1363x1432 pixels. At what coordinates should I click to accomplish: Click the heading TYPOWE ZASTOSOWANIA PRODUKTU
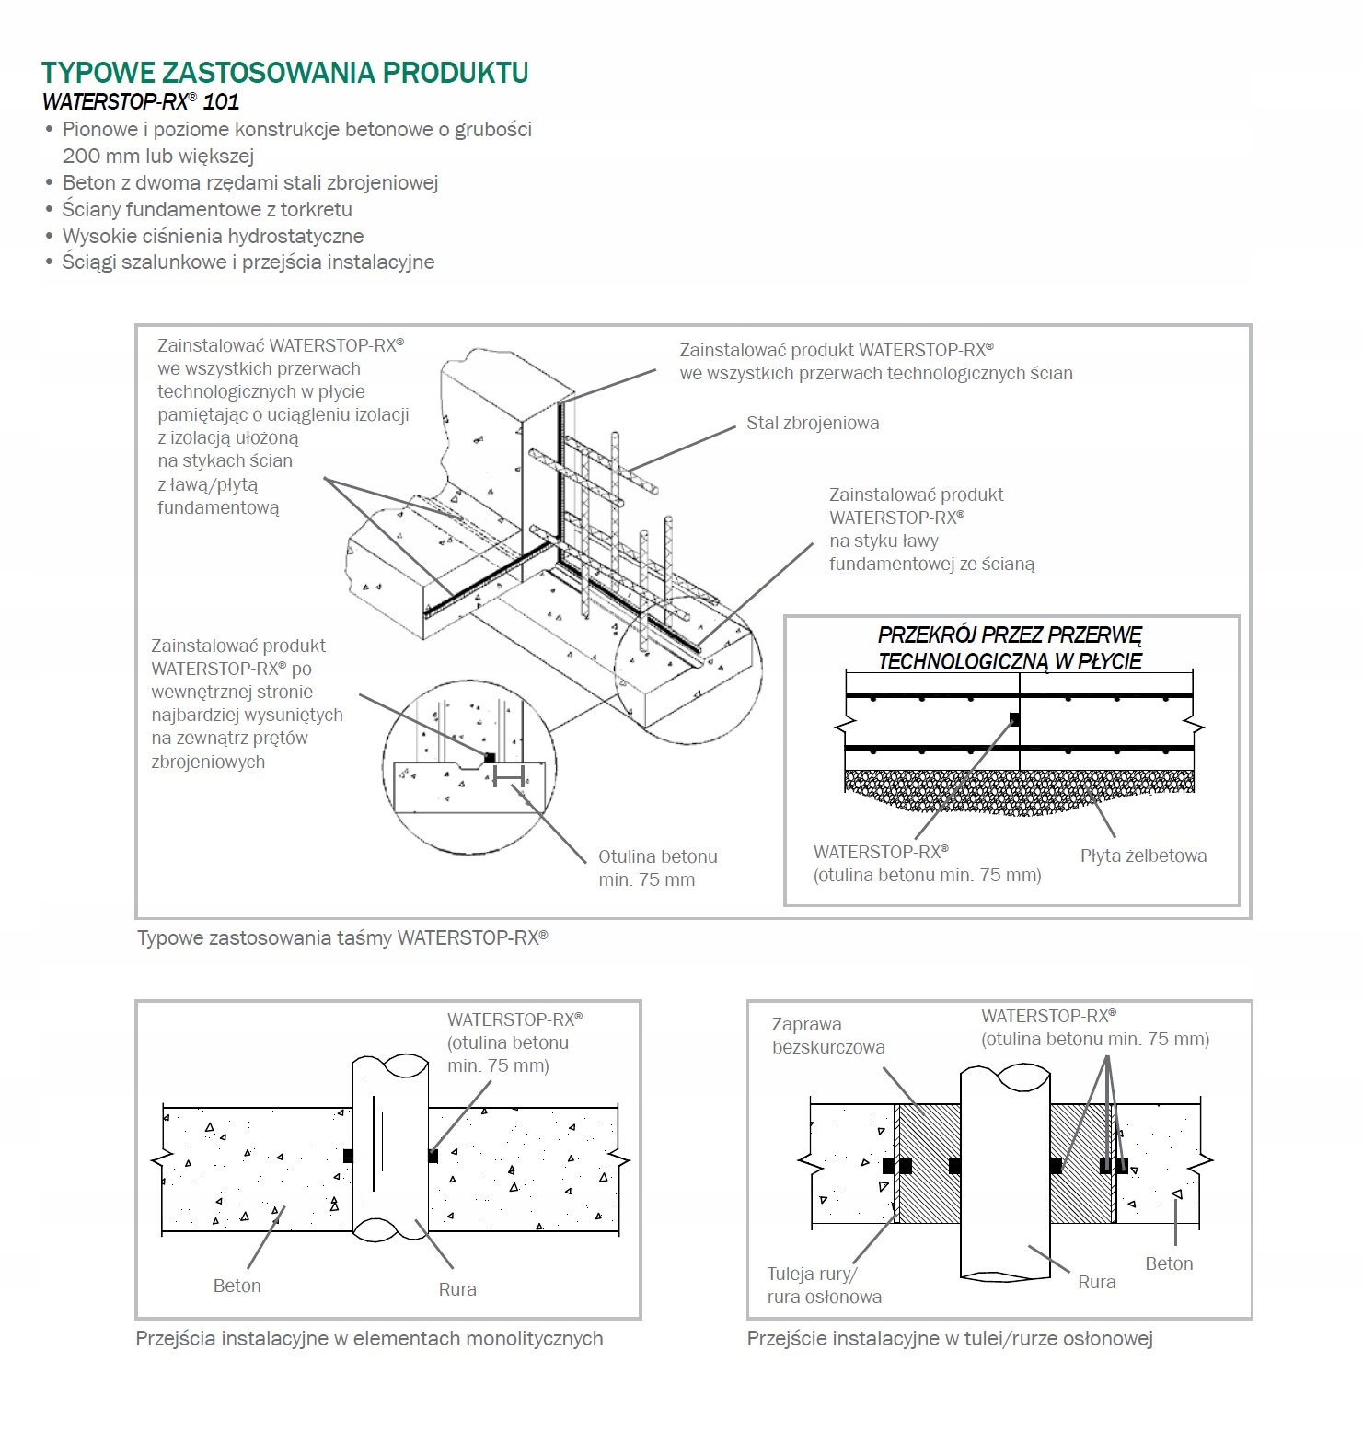285,73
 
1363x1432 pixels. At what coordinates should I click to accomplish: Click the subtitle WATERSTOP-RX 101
141,101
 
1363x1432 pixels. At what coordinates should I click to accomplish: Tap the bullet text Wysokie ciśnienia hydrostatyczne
213,236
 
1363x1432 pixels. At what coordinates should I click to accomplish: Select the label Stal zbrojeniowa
813,424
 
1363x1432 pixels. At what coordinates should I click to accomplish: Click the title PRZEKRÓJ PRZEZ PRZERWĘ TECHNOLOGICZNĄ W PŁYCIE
1010,648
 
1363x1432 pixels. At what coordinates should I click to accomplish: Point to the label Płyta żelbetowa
1143,856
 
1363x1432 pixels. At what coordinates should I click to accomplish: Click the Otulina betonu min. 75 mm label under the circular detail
657,867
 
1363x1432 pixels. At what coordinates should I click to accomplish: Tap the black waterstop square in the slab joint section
1014,719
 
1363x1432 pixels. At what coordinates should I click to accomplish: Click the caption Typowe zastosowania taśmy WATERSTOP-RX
342,938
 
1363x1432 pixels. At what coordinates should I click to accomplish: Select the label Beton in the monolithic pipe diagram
237,1286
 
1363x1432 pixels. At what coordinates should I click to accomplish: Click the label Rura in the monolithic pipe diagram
457,1289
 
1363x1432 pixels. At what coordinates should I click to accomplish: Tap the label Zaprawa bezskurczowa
828,1036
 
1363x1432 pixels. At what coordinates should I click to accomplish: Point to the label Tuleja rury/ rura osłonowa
824,1286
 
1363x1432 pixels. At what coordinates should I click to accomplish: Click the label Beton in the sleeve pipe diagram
1169,1263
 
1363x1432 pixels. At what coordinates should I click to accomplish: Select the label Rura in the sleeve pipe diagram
1096,1282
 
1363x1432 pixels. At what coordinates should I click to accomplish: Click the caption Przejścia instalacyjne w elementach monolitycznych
369,1339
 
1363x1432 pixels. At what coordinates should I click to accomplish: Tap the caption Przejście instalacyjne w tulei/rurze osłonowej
950,1339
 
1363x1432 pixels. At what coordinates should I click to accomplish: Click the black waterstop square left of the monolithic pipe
347,1156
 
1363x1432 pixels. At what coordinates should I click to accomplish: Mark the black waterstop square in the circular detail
490,757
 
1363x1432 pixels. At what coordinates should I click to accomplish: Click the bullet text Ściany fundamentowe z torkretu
207,209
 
